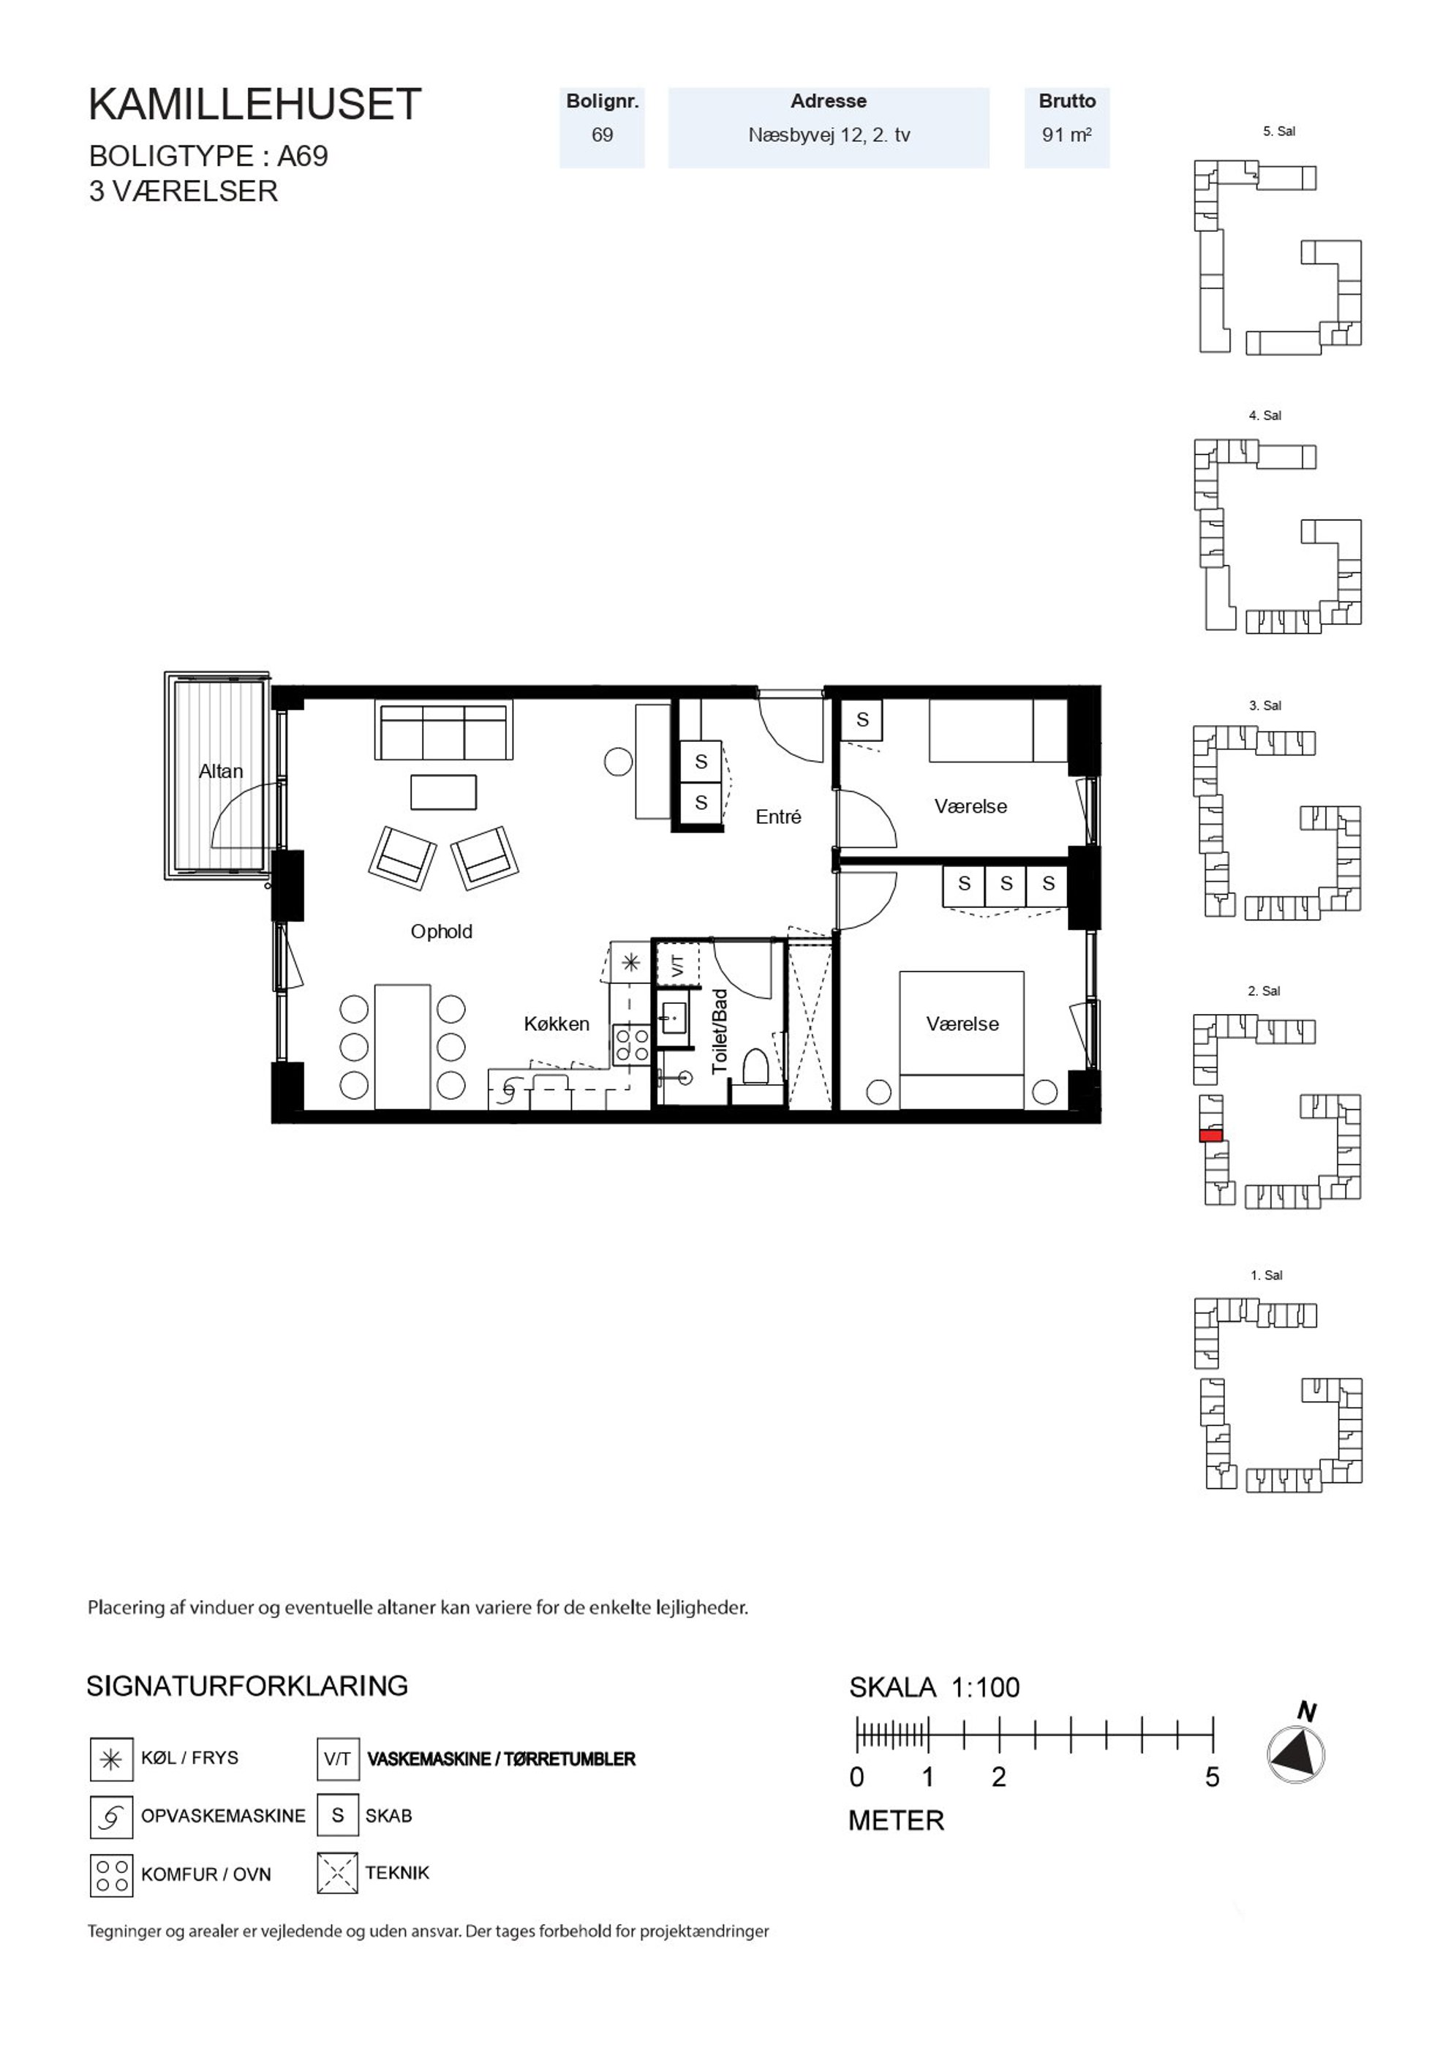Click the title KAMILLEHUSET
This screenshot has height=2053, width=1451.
click(x=255, y=105)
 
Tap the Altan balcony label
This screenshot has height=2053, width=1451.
click(x=221, y=770)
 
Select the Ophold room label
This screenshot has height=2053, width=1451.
click(x=442, y=931)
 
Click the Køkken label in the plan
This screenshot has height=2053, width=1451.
click(x=557, y=1024)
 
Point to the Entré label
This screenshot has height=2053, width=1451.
click(x=778, y=817)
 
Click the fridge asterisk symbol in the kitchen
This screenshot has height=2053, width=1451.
click(x=631, y=963)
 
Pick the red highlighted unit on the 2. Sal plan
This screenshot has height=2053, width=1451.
click(x=1210, y=1136)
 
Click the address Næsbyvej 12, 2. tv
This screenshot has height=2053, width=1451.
click(x=829, y=135)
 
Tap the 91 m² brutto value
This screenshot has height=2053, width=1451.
click(x=1066, y=135)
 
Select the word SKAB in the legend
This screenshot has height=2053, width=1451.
click(x=389, y=1816)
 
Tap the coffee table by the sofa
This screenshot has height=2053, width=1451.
click(x=443, y=792)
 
